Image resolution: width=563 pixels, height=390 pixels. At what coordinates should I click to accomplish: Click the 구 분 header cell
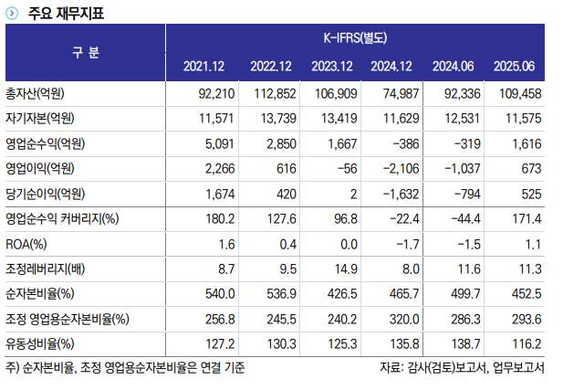click(x=86, y=52)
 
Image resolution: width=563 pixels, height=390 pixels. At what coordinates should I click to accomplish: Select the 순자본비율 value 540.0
click(x=219, y=293)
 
